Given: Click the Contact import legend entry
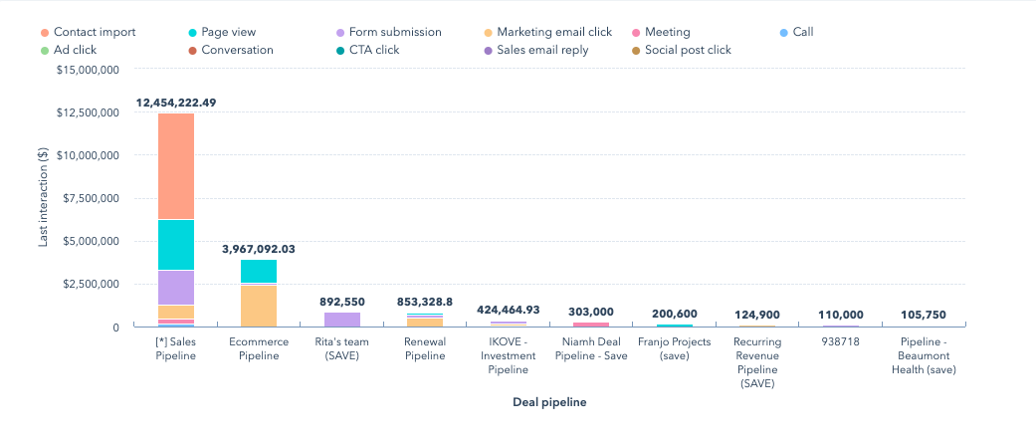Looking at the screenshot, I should (88, 32).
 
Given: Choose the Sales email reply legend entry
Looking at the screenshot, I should (541, 50).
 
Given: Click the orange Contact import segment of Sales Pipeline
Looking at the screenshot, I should (176, 166).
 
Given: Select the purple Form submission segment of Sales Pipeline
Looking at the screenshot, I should (176, 287).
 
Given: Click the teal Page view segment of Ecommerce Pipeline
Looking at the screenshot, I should (259, 271).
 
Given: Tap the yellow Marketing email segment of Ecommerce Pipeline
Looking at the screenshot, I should (259, 306).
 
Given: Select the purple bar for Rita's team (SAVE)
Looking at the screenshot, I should (342, 320).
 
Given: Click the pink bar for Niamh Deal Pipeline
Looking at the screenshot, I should (591, 325).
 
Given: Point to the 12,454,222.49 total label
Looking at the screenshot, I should (176, 103).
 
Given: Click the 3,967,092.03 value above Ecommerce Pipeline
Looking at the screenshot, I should (259, 249).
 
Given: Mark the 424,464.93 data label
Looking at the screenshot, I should (508, 310).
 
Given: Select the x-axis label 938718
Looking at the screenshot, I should (840, 341).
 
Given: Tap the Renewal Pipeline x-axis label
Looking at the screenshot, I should (425, 348).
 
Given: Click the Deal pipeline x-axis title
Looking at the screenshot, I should (549, 402).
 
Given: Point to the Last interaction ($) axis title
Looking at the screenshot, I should (43, 198).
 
